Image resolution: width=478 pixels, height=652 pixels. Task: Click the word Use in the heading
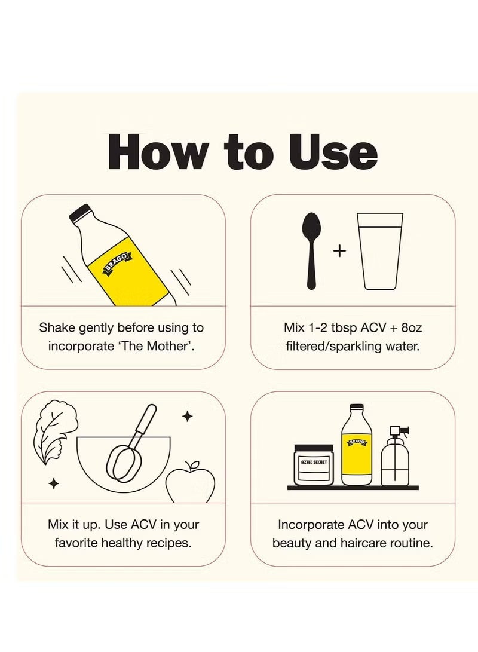(x=333, y=152)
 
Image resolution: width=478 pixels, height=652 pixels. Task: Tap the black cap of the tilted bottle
(x=79, y=214)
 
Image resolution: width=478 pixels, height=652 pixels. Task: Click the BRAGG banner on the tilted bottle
(x=117, y=263)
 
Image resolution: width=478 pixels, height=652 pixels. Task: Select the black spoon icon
(x=311, y=250)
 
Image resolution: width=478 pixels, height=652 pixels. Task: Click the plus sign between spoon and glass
(x=339, y=251)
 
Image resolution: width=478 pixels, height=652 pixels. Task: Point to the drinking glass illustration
(x=381, y=251)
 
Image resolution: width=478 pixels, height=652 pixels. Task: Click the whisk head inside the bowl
(x=124, y=463)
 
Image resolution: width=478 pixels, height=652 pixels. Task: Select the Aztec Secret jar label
(x=314, y=462)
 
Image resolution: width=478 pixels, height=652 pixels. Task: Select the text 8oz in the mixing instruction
(x=412, y=327)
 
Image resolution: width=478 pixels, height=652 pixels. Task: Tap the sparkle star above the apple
(x=188, y=416)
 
